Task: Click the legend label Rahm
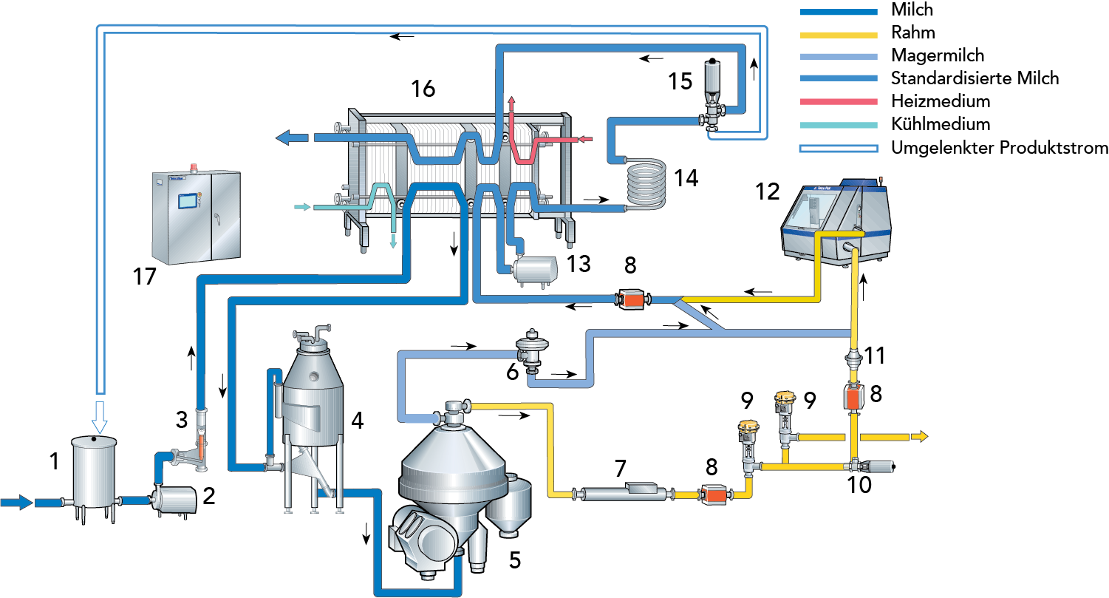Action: pyautogui.click(x=912, y=33)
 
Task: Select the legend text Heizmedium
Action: pyautogui.click(x=940, y=101)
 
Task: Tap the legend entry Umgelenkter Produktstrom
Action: pyautogui.click(x=999, y=148)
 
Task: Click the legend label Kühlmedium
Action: pyautogui.click(x=940, y=124)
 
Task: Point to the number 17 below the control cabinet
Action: pyautogui.click(x=145, y=277)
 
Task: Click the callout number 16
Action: pyautogui.click(x=423, y=89)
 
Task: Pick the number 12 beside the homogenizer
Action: pyautogui.click(x=767, y=192)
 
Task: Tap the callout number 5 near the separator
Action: pyautogui.click(x=514, y=560)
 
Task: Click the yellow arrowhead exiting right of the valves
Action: pyautogui.click(x=921, y=437)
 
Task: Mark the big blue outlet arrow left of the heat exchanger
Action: pyautogui.click(x=293, y=137)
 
